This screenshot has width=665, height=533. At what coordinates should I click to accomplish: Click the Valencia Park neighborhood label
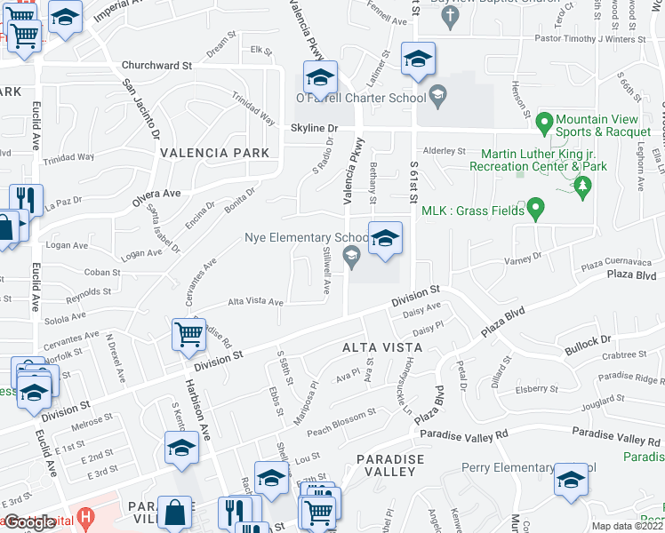[214, 153]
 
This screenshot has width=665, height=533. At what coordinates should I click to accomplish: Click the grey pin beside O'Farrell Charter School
[437, 95]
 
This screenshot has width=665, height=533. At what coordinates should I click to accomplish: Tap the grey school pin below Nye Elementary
[353, 259]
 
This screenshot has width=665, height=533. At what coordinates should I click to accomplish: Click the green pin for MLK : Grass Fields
[535, 210]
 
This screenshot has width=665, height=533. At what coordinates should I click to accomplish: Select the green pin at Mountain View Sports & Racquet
[546, 119]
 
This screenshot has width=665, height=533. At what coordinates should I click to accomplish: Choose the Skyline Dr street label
[314, 128]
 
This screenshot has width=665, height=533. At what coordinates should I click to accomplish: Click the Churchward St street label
[157, 66]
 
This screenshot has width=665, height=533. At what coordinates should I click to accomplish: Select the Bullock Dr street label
[588, 339]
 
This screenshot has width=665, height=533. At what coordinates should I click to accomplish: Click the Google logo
[28, 522]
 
